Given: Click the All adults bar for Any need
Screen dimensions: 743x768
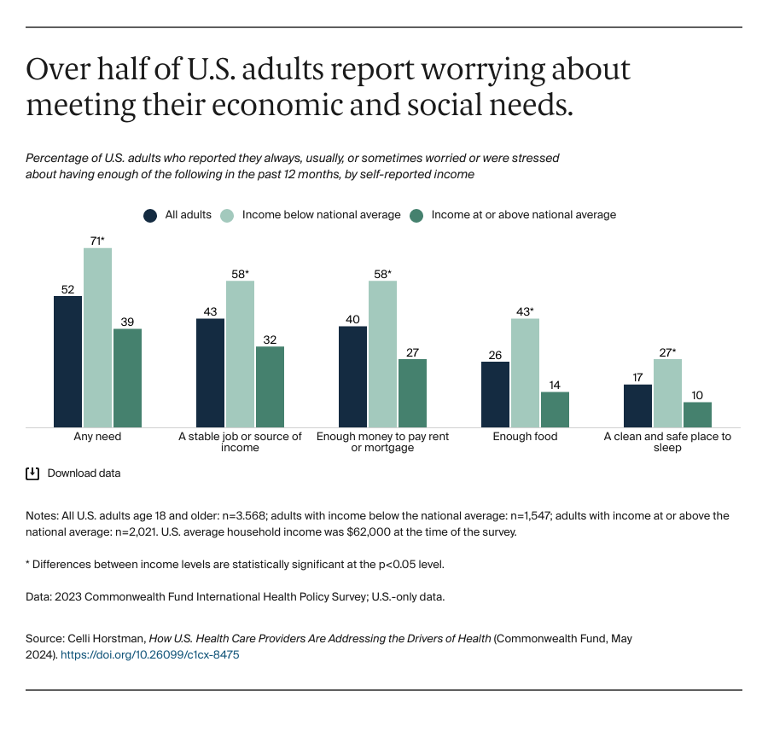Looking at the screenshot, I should [67, 362].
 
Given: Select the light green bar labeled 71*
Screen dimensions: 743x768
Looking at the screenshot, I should [97, 338].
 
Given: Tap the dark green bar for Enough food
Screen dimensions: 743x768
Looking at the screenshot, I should [555, 409].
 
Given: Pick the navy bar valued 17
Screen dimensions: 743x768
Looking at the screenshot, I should [637, 406].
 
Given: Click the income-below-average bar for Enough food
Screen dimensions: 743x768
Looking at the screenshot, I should [525, 373].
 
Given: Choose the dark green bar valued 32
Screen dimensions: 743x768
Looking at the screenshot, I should [270, 386].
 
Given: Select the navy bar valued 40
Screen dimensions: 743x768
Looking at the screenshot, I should [352, 376].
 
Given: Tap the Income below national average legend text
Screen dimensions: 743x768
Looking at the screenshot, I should [321, 215].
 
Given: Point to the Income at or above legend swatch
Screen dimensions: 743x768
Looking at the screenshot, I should [417, 215].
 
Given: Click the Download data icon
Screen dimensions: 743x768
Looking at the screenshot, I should [33, 473].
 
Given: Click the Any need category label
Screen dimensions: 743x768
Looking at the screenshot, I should [97, 437].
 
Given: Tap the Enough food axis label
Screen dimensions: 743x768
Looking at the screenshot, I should [525, 437].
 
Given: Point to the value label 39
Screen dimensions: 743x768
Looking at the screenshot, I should [127, 321].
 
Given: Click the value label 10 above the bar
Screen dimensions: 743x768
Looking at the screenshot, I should [697, 394].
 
